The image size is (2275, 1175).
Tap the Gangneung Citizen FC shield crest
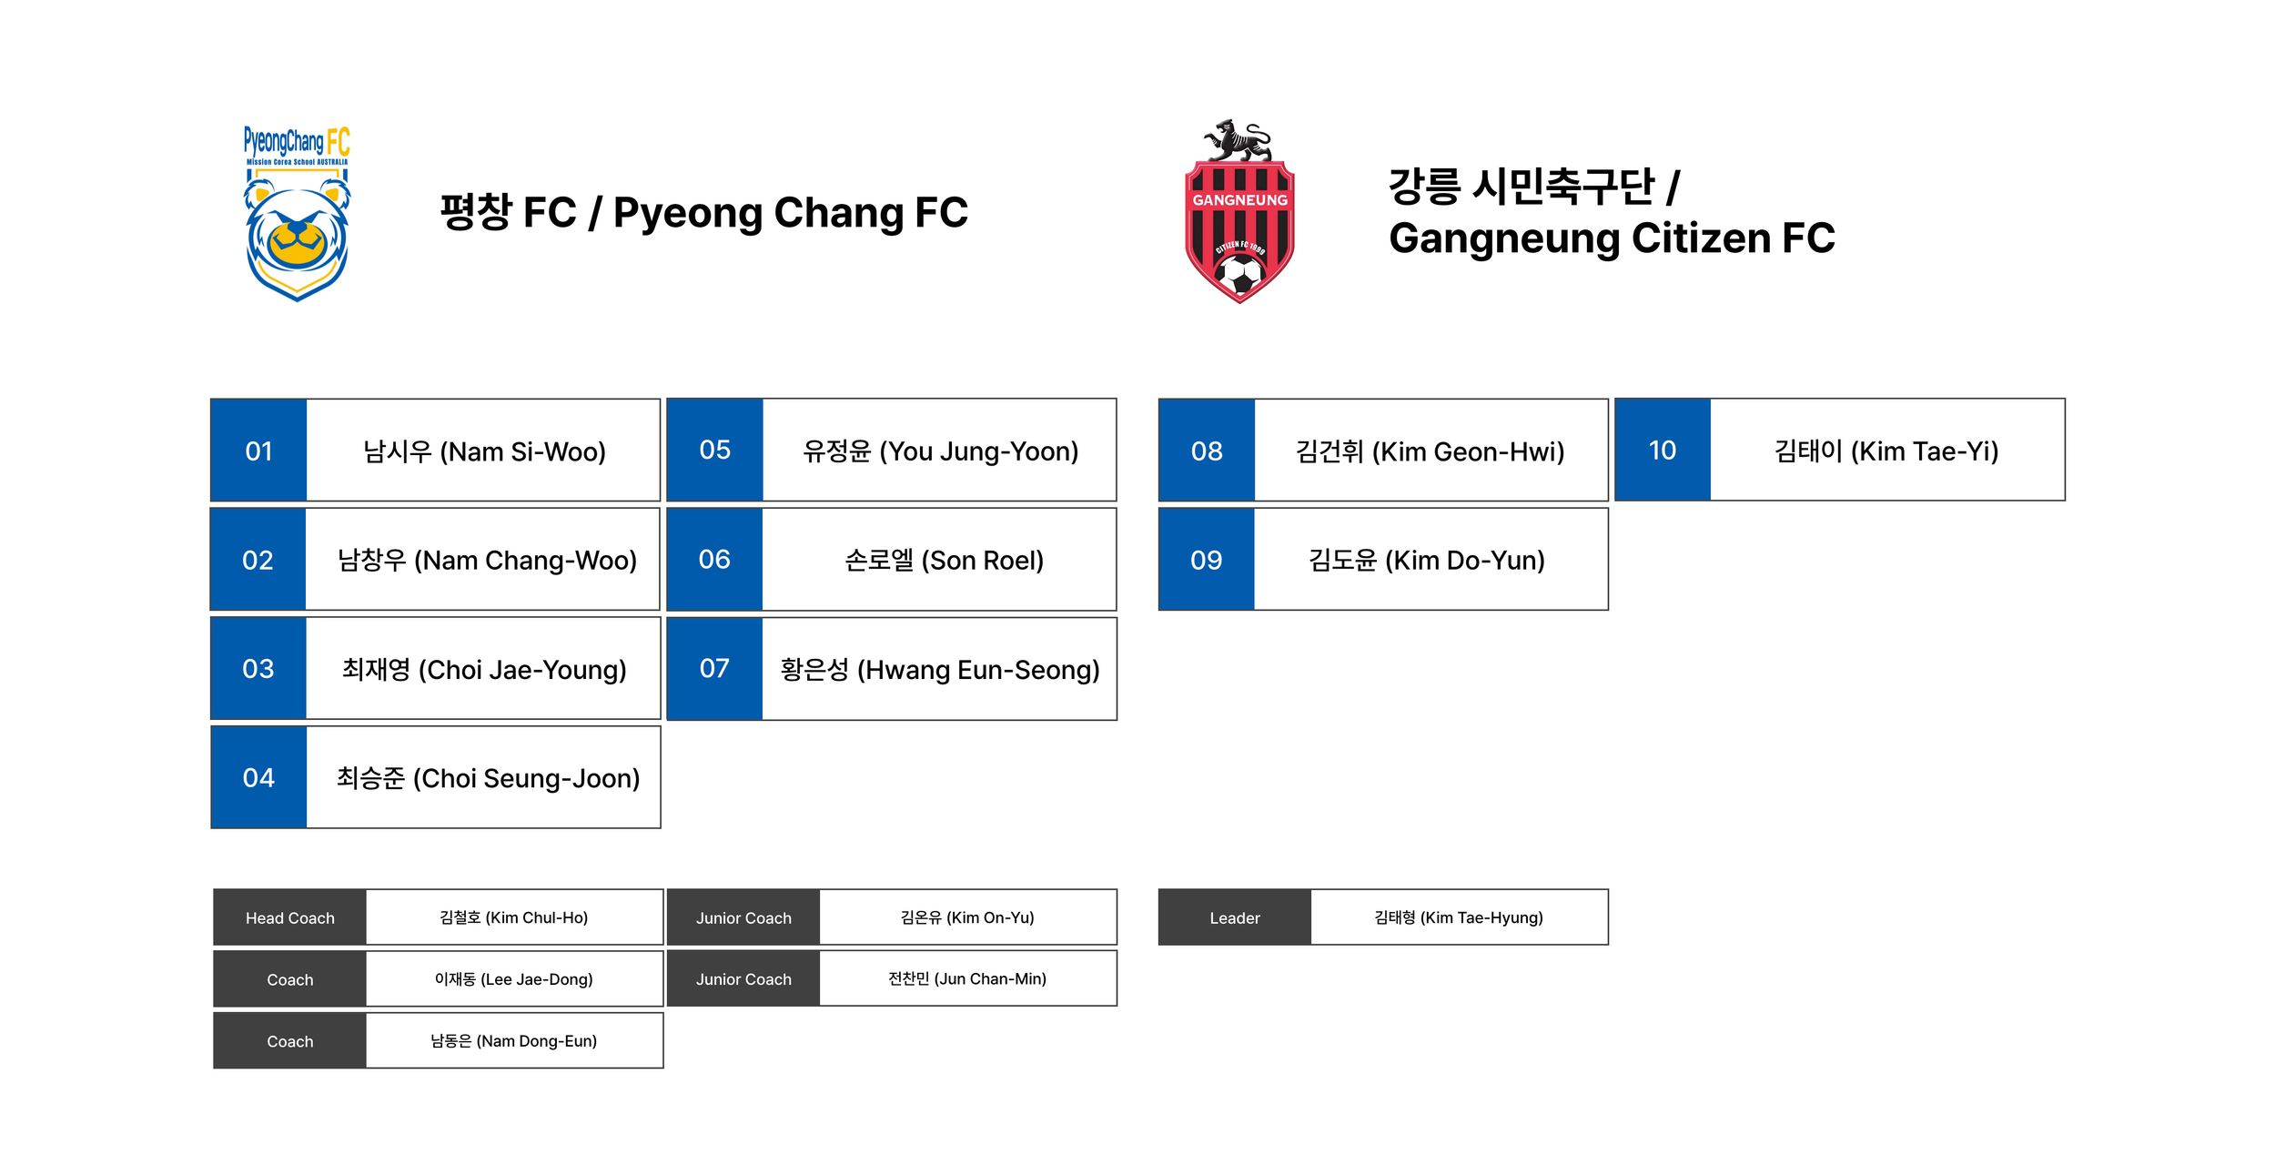(1239, 218)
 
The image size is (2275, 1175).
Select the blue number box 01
(258, 451)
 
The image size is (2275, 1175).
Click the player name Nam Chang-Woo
(487, 560)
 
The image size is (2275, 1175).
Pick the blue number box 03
(258, 669)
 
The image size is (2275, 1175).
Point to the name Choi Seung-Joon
(488, 778)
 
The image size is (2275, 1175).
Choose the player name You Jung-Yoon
(940, 451)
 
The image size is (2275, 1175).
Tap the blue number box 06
(714, 560)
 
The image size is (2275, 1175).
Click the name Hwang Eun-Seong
(940, 670)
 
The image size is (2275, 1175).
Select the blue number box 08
(1207, 451)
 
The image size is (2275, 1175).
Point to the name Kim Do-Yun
(1426, 560)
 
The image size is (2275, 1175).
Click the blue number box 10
(1663, 451)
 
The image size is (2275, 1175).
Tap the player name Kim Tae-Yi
(1886, 451)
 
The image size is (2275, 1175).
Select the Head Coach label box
(290, 917)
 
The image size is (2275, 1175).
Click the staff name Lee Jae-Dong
(513, 979)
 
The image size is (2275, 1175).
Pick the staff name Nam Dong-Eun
(513, 1040)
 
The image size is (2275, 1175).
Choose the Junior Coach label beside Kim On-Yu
(743, 917)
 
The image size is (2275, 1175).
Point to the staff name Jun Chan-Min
(967, 978)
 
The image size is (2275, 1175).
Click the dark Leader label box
(1235, 917)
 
